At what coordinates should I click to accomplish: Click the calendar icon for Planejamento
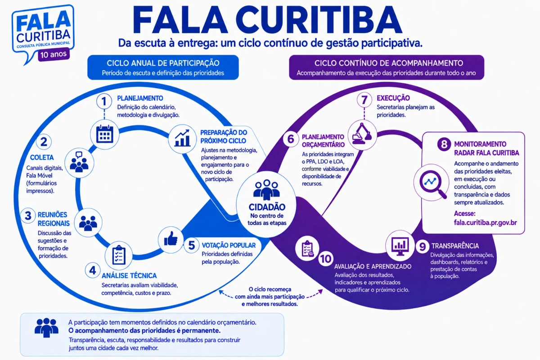pos(104,134)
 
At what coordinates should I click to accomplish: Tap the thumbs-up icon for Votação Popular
pos(171,238)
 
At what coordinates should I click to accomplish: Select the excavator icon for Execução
pos(362,134)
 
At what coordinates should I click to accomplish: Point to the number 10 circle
pos(326,259)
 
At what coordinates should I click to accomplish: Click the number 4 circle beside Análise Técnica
pos(93,270)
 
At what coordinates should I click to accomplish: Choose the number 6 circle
pos(291,139)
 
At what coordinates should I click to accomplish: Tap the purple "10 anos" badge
pos(54,54)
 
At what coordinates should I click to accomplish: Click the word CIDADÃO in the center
pos(267,207)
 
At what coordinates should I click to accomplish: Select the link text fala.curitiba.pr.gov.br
pos(485,223)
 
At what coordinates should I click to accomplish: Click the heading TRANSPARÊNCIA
pos(455,246)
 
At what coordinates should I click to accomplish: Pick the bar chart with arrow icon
pos(183,138)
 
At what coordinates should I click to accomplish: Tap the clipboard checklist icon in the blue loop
pos(119,255)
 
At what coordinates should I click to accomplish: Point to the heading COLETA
pos(42,157)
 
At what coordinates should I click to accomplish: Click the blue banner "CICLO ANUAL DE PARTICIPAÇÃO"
pos(163,67)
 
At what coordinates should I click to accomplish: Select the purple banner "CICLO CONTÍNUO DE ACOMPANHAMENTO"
pos(387,67)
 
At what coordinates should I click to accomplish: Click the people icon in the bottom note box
pos(46,328)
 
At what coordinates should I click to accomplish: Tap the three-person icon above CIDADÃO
pos(266,190)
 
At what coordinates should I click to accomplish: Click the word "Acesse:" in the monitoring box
pos(465,214)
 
